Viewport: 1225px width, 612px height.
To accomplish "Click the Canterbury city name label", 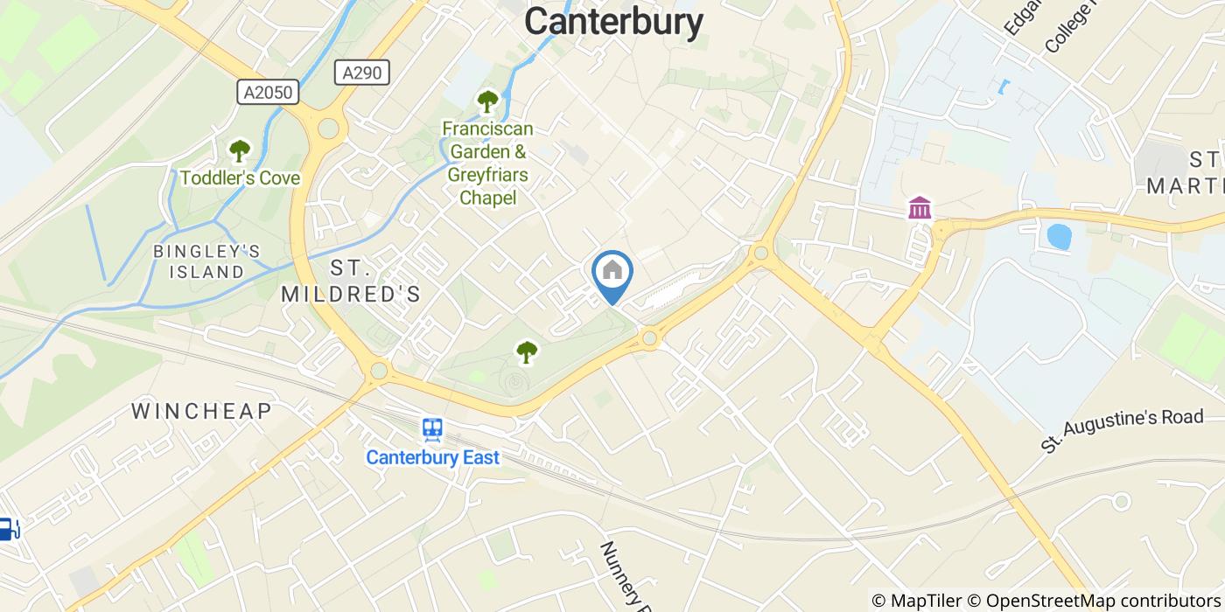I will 613,22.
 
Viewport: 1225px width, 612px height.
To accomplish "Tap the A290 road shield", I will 361,73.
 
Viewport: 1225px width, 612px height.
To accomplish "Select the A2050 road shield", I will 268,92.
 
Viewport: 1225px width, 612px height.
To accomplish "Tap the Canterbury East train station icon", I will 432,429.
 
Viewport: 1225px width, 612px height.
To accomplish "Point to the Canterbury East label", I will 432,457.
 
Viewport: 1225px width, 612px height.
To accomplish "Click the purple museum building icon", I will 920,208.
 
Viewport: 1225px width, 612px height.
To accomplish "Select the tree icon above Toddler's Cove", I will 239,150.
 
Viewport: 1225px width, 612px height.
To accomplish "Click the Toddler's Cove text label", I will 240,178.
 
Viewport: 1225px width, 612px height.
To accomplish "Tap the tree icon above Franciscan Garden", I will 486,101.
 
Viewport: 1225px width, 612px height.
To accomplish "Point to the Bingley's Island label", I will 206,261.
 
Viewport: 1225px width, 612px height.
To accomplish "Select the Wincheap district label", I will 201,410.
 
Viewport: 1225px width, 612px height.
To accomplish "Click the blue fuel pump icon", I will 7,528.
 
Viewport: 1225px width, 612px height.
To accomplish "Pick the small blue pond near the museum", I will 1059,236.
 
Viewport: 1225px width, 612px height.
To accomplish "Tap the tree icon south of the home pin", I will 526,351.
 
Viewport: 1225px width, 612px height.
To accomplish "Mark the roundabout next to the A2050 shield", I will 328,129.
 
